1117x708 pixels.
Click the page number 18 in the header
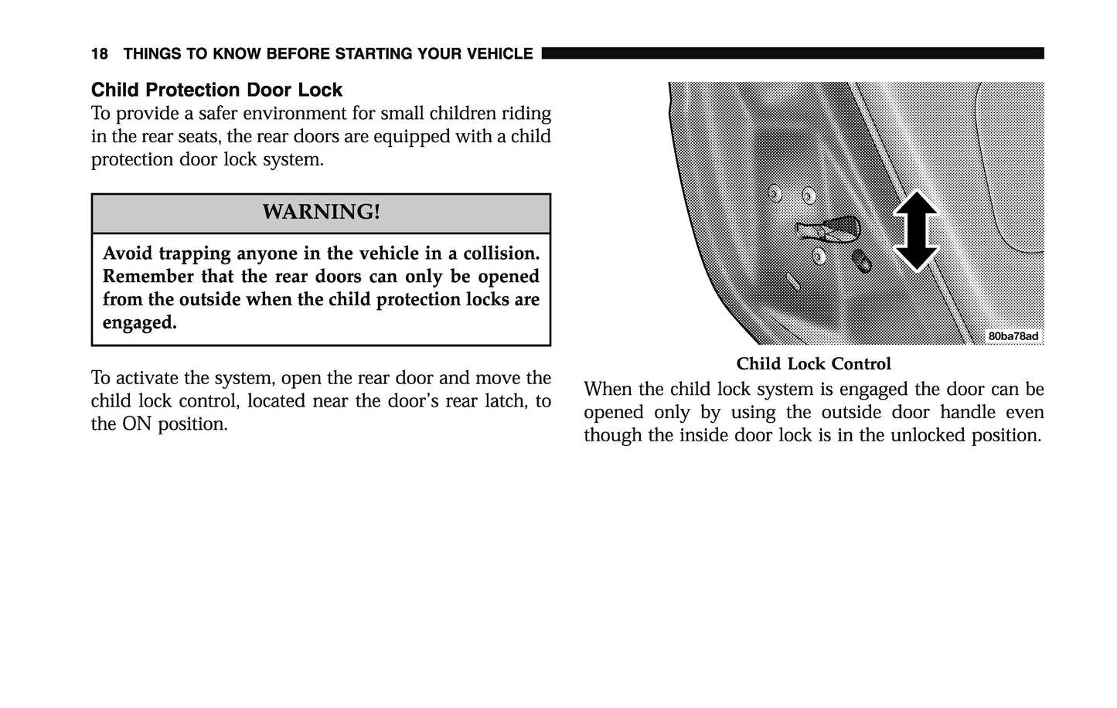(x=99, y=54)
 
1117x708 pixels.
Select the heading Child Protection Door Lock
(x=216, y=90)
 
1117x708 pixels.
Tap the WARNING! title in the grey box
(x=321, y=212)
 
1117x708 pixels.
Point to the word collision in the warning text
(x=501, y=254)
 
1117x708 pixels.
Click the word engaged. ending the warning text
(x=139, y=322)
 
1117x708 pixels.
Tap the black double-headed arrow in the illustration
(x=915, y=230)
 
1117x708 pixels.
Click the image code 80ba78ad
(x=1013, y=336)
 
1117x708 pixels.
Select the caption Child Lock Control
(x=813, y=364)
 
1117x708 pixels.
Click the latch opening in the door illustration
(x=829, y=227)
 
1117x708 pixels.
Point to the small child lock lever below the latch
(x=861, y=260)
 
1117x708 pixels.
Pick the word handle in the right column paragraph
(x=967, y=412)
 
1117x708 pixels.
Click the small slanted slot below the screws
(x=793, y=281)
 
